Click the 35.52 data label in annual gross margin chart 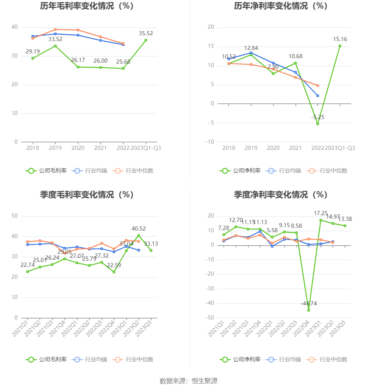[146, 33]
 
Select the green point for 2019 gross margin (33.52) [55, 46]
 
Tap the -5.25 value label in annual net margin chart [318, 117]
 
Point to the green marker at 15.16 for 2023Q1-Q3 [340, 46]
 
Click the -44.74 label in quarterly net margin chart [309, 303]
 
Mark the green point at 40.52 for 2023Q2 [139, 235]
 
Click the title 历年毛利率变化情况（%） [87, 6]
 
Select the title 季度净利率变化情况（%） [281, 195]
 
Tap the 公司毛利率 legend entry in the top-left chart [46, 171]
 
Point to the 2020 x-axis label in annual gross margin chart [78, 148]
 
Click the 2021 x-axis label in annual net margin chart [295, 148]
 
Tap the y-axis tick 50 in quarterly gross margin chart [14, 216]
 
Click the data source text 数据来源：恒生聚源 [188, 381]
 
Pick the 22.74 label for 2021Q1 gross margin [27, 265]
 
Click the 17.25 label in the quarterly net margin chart [321, 213]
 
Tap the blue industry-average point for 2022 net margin [317, 96]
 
